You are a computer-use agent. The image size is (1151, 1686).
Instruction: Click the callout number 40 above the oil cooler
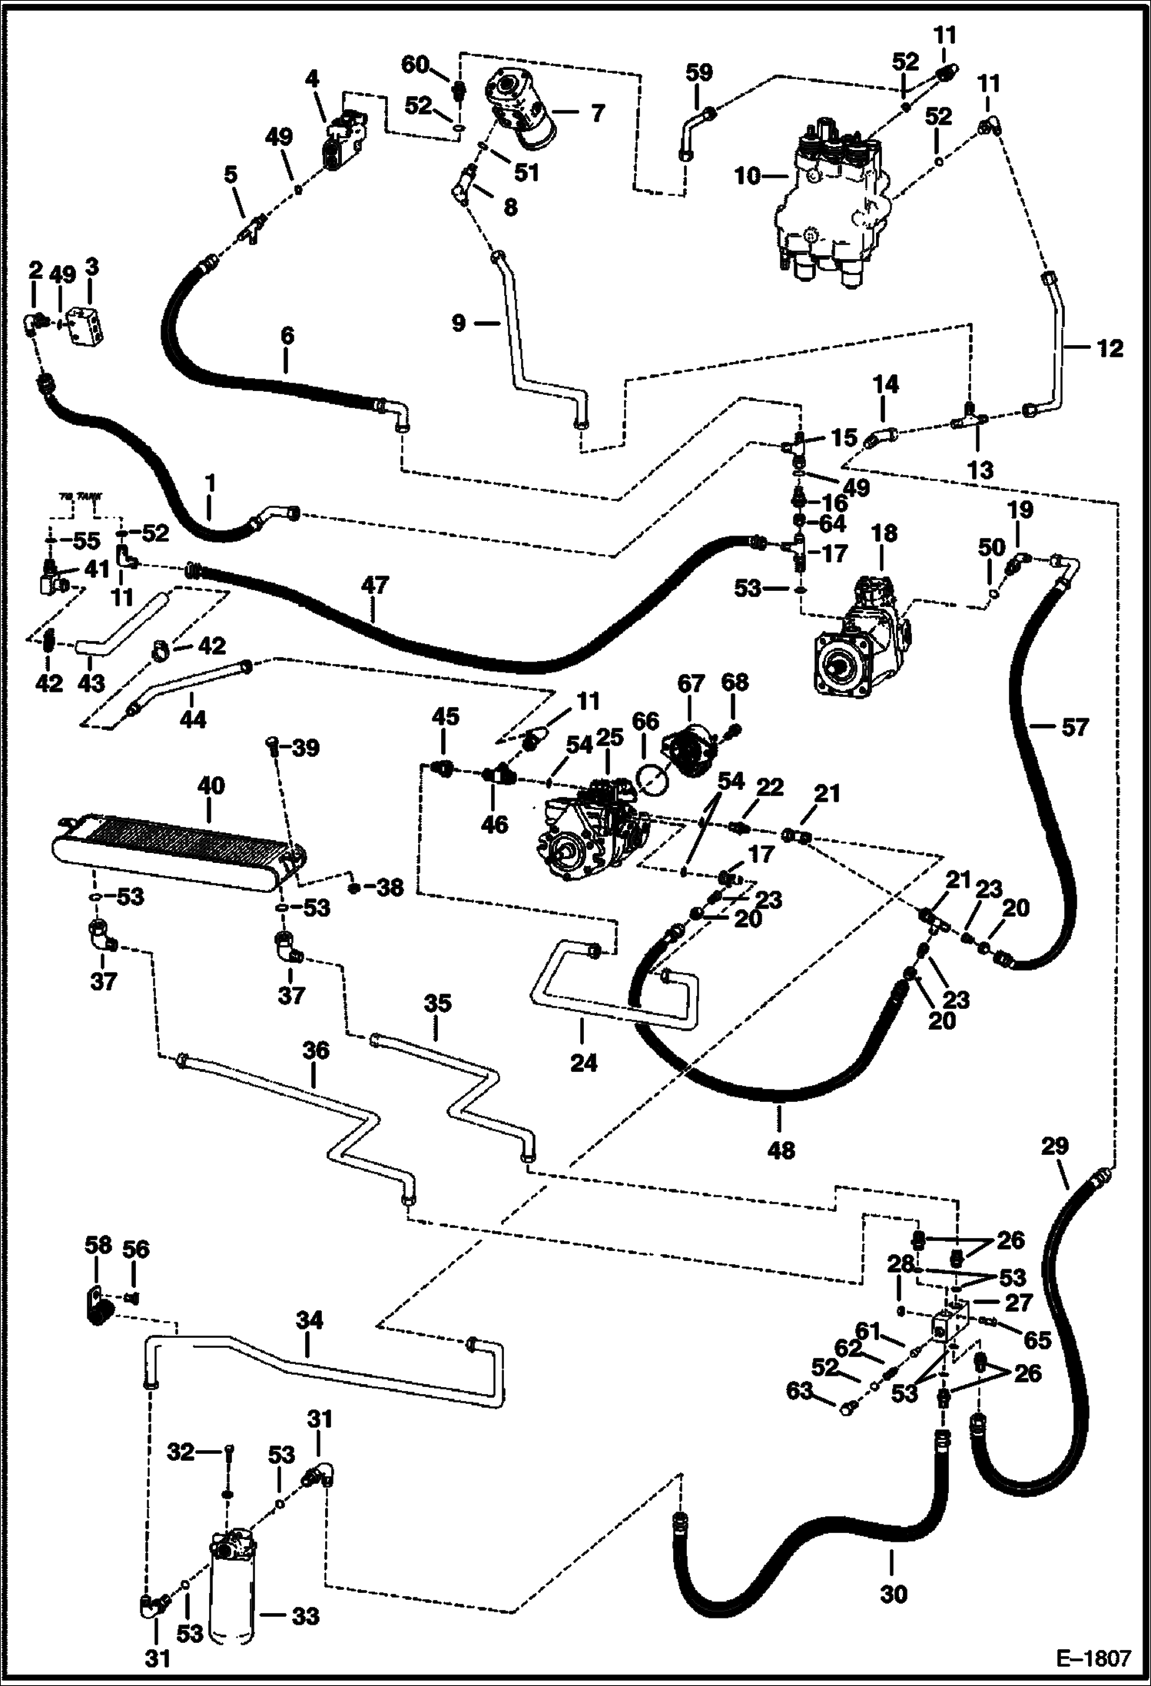coord(211,785)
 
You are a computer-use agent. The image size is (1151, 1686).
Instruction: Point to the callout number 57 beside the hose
coord(1073,726)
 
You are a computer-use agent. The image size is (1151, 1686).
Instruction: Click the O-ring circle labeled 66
coord(652,782)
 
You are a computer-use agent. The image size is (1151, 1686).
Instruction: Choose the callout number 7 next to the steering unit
coord(597,114)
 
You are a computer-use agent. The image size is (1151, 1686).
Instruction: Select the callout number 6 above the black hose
coord(286,335)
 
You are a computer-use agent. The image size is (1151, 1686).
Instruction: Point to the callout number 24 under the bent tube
coord(583,1063)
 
